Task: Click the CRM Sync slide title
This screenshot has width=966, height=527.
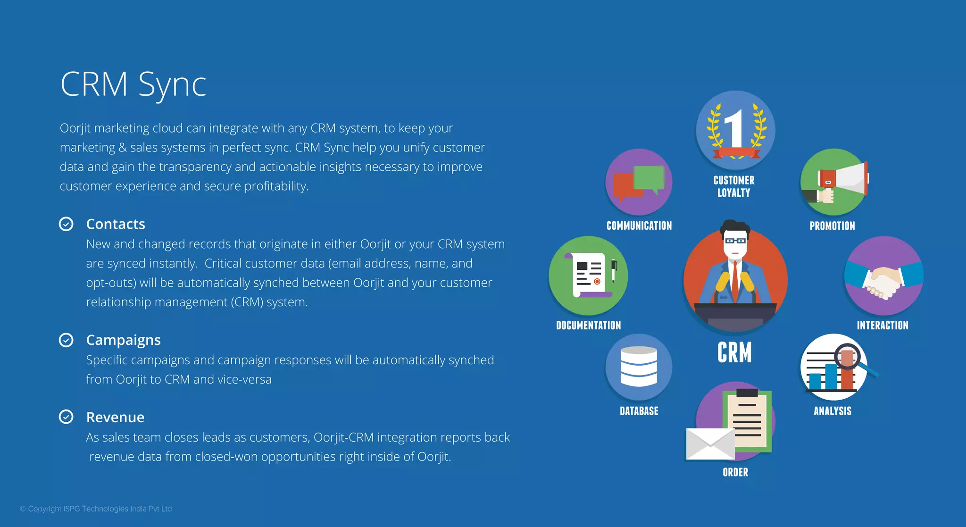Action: pos(133,84)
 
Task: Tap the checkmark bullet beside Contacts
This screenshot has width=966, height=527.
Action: pos(66,224)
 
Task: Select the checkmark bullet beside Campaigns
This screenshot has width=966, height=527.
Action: pos(66,340)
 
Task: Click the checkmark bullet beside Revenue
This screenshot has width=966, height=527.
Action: pos(66,417)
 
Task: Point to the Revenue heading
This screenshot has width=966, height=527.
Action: pos(115,417)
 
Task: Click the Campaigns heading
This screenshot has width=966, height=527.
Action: pos(123,340)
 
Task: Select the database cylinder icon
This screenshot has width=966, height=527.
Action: pos(639,367)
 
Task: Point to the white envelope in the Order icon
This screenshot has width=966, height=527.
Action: pos(709,444)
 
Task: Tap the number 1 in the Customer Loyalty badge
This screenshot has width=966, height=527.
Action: pos(734,128)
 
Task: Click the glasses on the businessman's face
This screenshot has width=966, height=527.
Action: pos(735,241)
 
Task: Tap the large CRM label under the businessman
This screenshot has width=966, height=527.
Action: pos(734,352)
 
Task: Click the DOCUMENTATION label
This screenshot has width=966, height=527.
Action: pos(588,325)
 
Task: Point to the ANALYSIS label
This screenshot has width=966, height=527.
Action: pos(833,411)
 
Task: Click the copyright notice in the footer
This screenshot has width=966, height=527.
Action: pos(96,509)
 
